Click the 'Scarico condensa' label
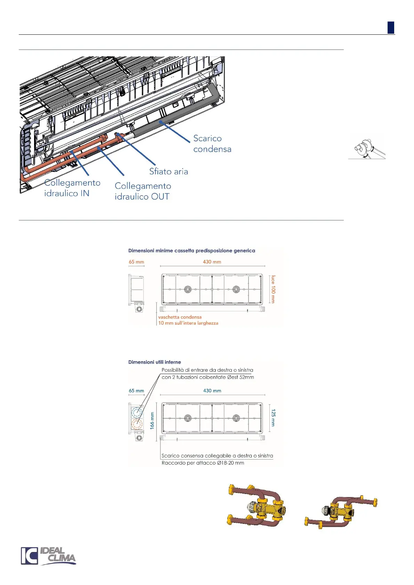pos(212,143)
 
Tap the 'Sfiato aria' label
pos(169,171)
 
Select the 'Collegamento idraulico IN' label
pos(72,188)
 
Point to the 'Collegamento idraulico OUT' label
pos(143,191)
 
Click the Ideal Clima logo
pos(48,556)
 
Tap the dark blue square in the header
pos(391,28)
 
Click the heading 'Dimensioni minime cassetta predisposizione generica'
pos(192,250)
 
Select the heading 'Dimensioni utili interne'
pos(155,362)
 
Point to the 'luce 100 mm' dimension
pos(273,289)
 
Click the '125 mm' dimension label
pos(273,418)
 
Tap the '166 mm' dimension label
pos(152,420)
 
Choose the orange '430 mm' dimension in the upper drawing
pos(212,262)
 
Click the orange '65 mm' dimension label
pos(136,262)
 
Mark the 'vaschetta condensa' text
pos(180,317)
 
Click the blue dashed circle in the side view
pos(137,413)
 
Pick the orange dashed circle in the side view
pos(137,425)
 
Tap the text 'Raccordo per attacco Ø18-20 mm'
pos(203,463)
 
